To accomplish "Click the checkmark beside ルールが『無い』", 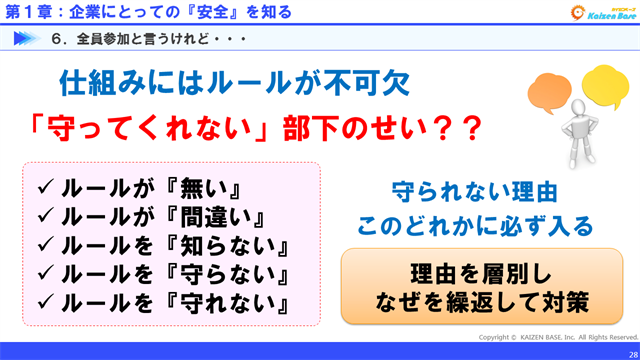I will coord(44,186).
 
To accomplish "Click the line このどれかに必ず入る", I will coord(473,222).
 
